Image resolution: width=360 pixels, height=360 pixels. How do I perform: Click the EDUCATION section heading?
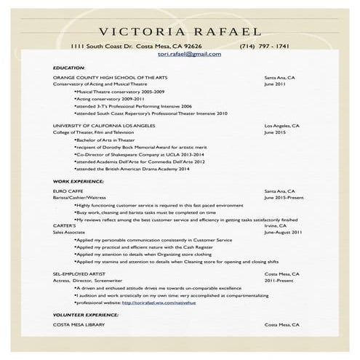pos(69,68)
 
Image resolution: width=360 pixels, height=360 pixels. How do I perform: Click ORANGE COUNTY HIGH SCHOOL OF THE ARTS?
pos(104,77)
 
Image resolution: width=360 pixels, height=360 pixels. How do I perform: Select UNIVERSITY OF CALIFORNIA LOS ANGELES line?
pos(104,126)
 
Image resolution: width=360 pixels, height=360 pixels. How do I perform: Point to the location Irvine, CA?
pos(276,225)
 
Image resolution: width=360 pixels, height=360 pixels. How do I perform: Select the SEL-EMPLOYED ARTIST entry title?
pos(80,273)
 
